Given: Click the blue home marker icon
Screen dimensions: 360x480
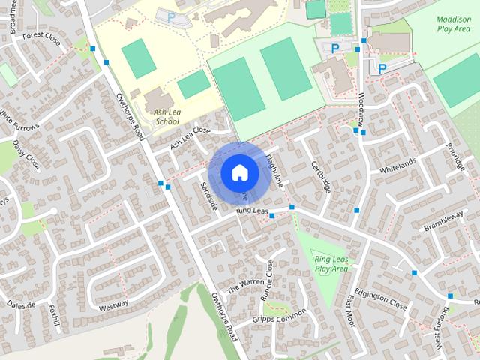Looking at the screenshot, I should tap(239, 172).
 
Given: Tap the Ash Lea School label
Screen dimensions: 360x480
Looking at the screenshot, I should tap(166, 116).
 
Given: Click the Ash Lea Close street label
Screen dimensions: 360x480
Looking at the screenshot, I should tap(190, 136).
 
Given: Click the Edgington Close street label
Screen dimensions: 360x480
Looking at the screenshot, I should tap(380, 301).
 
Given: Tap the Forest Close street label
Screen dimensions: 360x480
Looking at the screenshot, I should tap(40, 35).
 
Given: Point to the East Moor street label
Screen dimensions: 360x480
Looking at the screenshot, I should tap(349, 308).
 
